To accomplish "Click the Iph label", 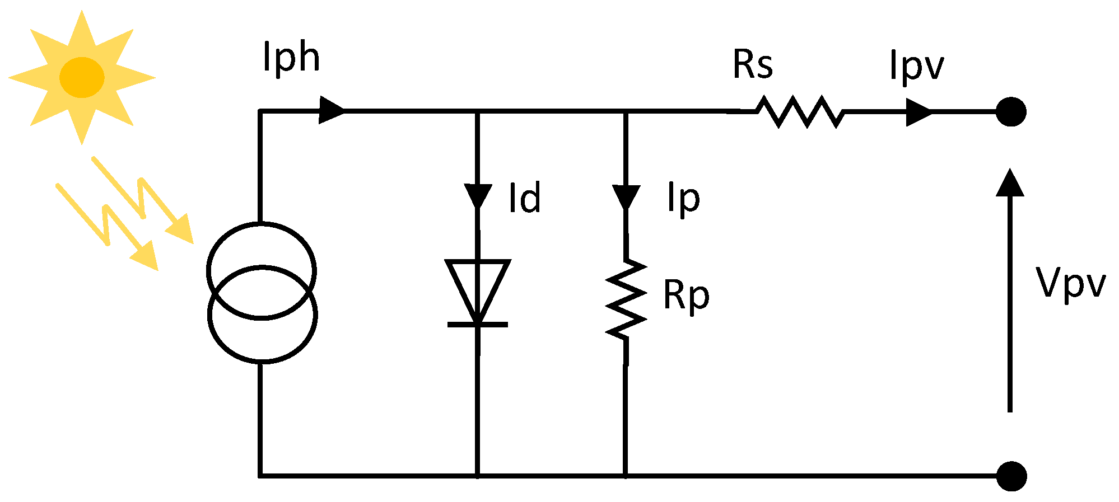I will tap(291, 58).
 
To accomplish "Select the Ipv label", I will tap(916, 66).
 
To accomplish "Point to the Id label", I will tap(524, 198).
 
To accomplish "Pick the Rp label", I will tap(686, 295).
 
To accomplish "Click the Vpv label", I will tap(1070, 283).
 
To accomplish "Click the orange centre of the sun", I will tap(82, 77).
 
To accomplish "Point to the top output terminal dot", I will tap(1011, 111).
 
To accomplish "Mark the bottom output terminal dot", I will tap(1011, 476).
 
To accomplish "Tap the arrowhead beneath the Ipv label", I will tap(918, 112).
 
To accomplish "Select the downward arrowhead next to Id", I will tap(478, 196).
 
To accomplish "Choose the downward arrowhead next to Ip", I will tap(626, 196).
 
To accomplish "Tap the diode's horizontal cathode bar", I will tap(478, 325).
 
